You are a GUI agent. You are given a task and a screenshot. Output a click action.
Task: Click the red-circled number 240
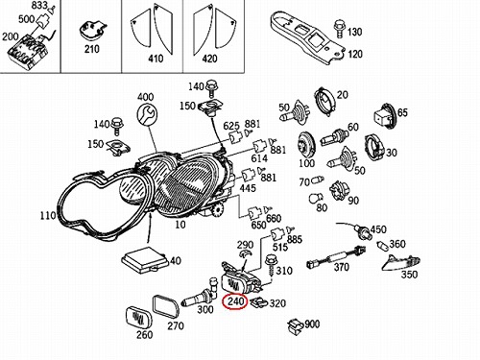pos(235,301)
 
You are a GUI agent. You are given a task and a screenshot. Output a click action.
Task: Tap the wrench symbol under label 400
pos(147,114)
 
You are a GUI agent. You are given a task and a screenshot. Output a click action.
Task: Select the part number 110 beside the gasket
pos(48,216)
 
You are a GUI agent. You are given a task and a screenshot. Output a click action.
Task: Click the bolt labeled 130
pos(339,29)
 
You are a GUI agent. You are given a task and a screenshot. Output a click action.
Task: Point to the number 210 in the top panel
pos(91,49)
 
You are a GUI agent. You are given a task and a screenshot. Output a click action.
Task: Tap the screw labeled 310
pos(272,266)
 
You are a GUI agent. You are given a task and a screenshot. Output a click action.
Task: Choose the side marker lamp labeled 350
pos(402,263)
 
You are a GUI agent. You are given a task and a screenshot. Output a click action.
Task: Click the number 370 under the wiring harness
pos(341,267)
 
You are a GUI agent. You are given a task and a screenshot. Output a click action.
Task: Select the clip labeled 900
pos(295,326)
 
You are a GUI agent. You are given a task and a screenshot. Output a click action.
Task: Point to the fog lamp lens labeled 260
pos(138,317)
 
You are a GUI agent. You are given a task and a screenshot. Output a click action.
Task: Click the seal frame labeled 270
pos(165,307)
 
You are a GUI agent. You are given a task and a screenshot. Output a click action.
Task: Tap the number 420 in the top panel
pos(209,59)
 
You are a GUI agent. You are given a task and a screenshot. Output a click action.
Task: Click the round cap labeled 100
pos(306,145)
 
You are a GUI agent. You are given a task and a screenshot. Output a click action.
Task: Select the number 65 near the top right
pos(402,112)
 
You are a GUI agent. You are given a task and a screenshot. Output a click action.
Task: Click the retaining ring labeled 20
pos(324,101)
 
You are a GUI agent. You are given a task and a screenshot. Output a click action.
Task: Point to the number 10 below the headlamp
pos(180,225)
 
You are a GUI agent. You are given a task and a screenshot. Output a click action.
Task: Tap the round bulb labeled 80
pos(314,199)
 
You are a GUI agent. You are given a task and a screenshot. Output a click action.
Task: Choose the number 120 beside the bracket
pos(355,54)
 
